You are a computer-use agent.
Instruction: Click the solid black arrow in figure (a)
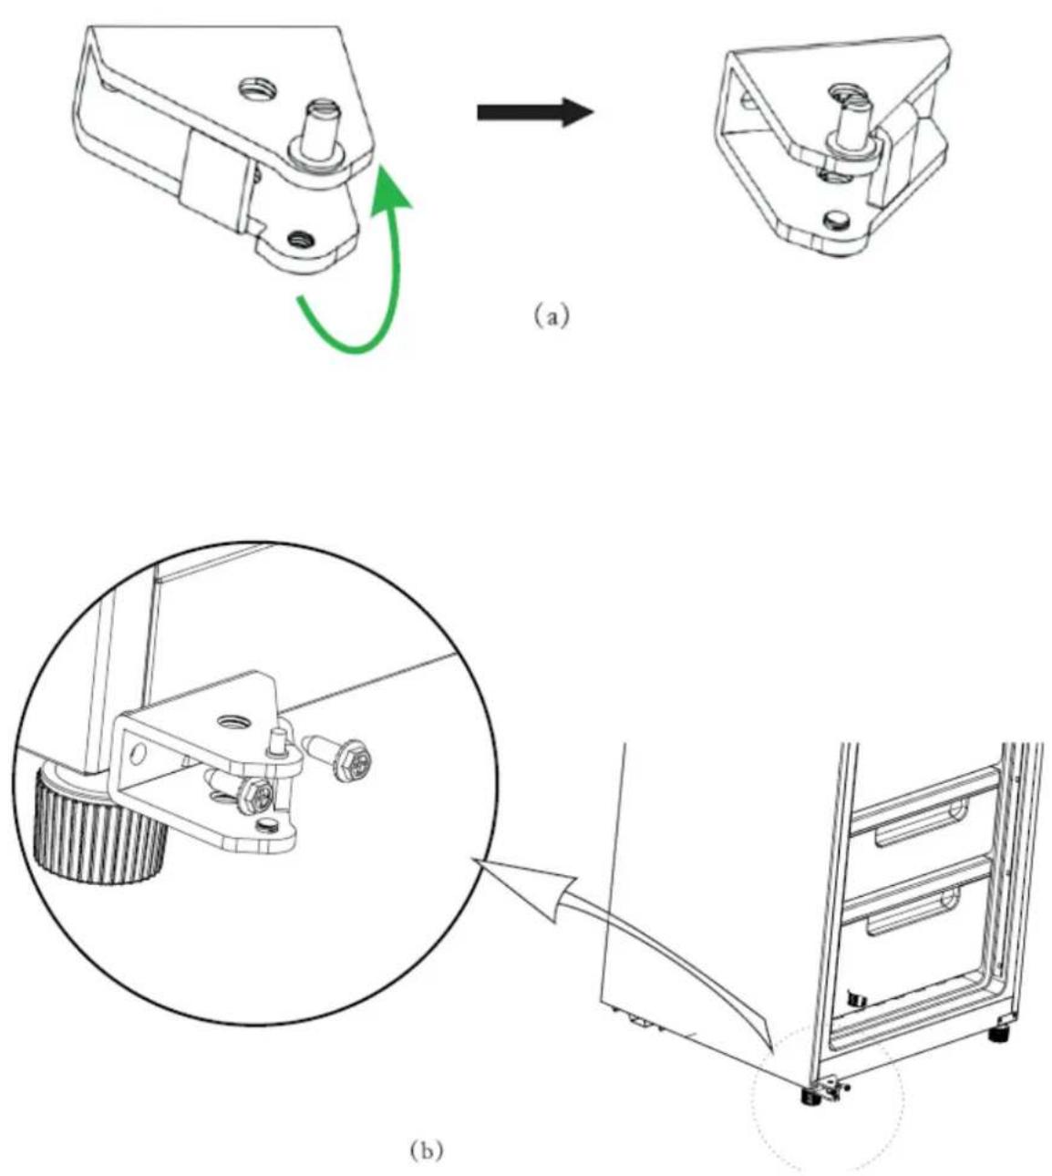click(535, 112)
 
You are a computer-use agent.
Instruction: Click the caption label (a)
click(552, 316)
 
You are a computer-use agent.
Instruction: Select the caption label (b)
click(427, 1149)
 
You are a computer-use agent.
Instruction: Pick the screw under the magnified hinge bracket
click(239, 791)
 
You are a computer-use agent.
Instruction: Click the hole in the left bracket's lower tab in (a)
click(302, 237)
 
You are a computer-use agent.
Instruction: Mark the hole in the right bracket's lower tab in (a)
click(837, 220)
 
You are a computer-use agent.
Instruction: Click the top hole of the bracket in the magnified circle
click(233, 723)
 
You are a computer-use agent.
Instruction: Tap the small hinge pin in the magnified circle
click(276, 745)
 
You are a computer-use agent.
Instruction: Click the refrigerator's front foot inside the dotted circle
click(810, 1096)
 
